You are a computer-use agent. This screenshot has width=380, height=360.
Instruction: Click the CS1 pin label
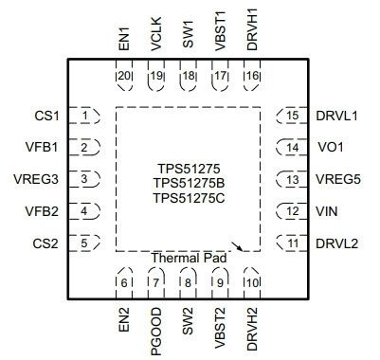coord(45,116)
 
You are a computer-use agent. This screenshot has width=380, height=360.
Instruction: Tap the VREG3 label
coord(39,179)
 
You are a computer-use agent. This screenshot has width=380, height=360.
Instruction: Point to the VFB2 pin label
coord(42,211)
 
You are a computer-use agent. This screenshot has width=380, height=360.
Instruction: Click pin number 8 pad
coord(189,281)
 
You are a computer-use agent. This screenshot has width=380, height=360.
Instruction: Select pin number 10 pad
coord(252,281)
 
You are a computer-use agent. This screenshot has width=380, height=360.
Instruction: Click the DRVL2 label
coord(336,243)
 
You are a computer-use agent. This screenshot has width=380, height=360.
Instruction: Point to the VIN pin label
coord(327,211)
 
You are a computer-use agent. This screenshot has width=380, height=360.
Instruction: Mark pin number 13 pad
coord(291,179)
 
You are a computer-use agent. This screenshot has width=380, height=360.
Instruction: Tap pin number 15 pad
coord(291,116)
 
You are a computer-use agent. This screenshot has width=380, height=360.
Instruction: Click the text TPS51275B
coord(189,182)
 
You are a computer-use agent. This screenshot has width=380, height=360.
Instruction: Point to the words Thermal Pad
coord(189,258)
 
